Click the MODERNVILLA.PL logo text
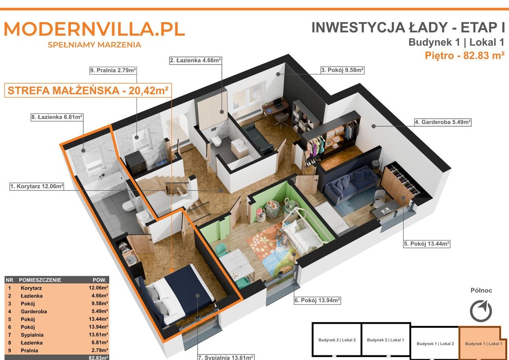94,29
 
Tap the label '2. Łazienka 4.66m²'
196,60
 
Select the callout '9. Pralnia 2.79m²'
113,70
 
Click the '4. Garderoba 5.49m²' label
443,122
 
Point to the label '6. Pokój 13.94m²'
317,300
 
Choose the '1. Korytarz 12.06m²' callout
37,186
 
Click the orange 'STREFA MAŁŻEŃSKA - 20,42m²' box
88,90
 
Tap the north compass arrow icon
481,311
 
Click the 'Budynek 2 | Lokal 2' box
337,340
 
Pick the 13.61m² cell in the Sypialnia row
99,334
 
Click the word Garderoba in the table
34,311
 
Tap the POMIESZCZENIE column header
40,280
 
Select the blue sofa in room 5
351,184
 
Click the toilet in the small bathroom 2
216,141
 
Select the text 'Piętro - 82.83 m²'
464,56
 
